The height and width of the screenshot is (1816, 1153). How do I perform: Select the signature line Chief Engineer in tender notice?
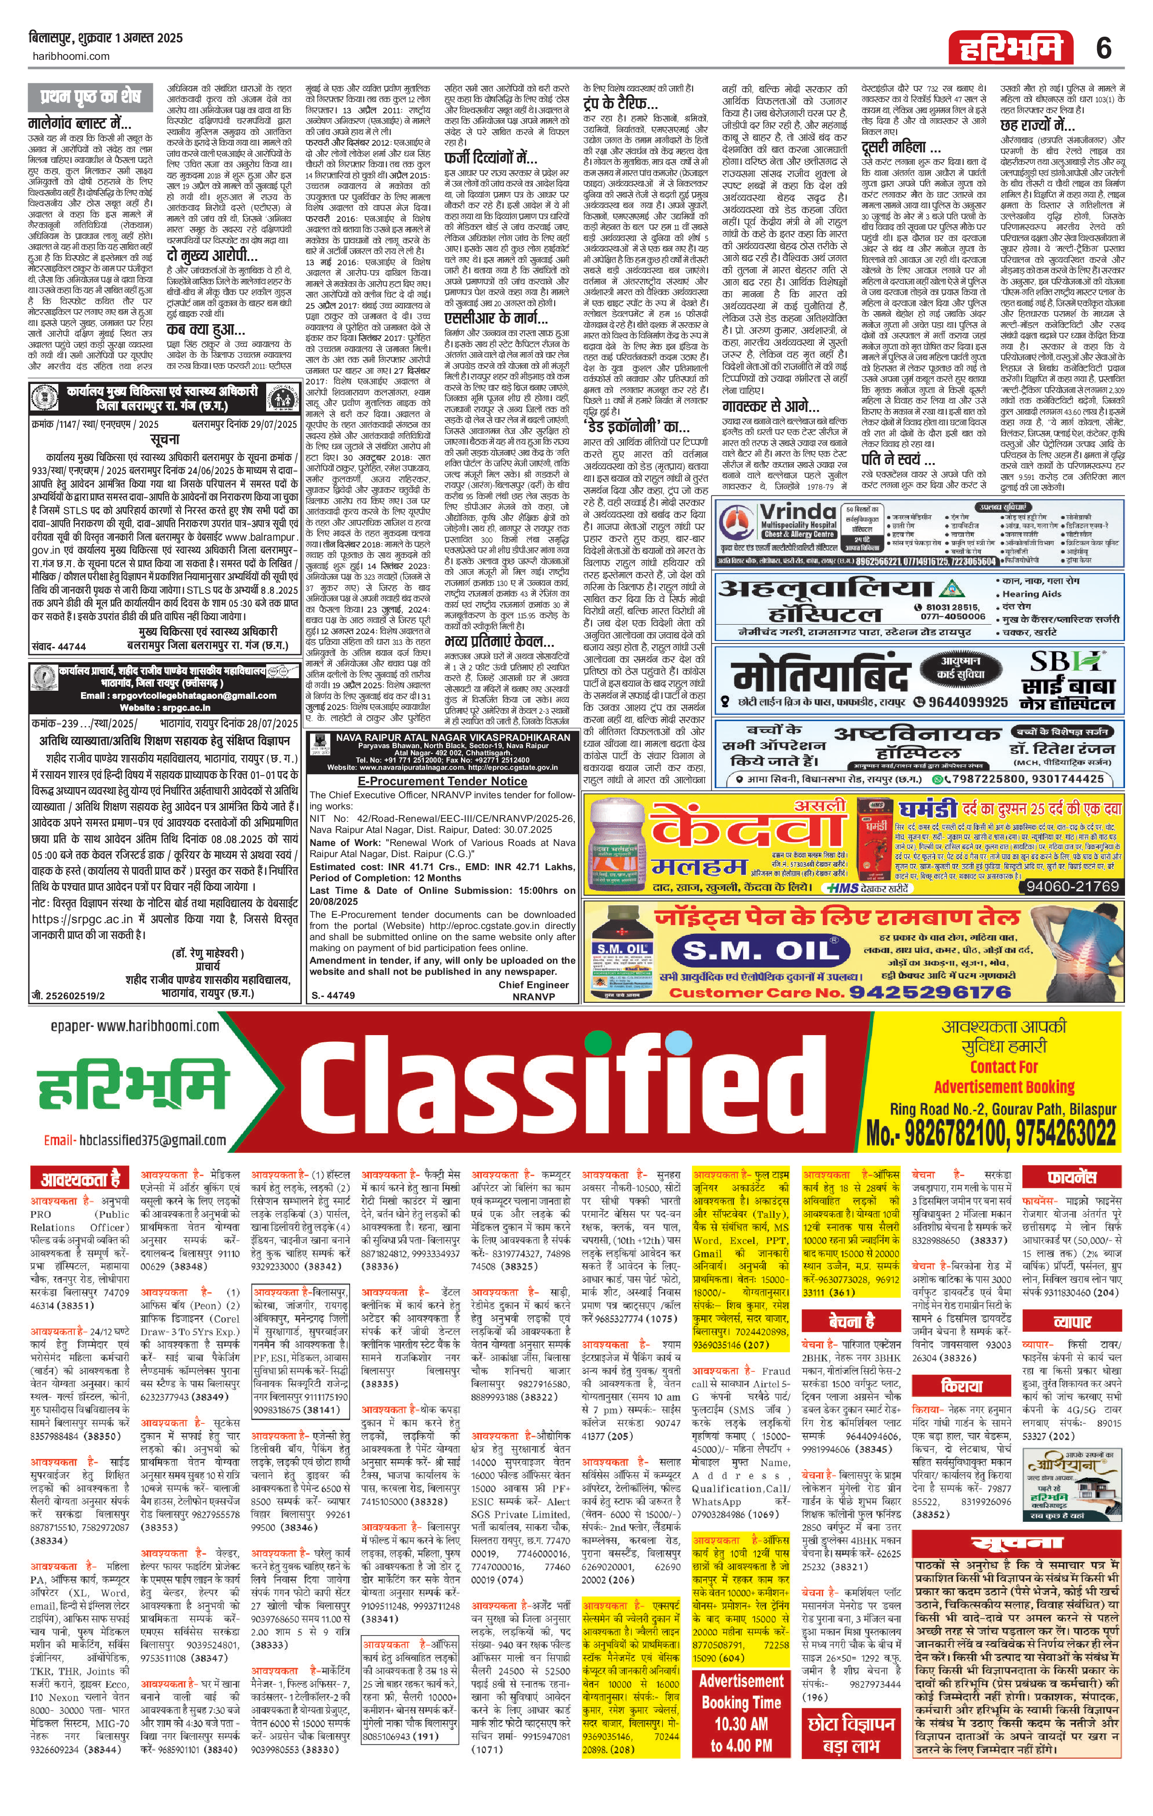coord(533,985)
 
